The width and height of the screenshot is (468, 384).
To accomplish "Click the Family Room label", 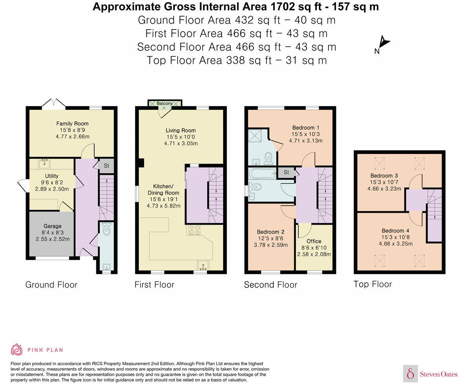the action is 72,123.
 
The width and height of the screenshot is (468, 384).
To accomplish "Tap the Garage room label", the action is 53,226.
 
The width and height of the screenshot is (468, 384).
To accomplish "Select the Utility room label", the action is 51,176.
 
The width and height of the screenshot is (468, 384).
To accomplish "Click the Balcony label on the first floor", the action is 165,103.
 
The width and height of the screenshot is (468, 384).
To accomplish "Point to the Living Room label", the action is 181,130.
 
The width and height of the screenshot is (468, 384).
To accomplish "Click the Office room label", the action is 314,241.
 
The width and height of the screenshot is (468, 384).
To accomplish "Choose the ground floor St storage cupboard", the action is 106,166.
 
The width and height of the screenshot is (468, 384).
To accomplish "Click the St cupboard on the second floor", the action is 286,172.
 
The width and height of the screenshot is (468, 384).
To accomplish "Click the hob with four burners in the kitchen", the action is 194,230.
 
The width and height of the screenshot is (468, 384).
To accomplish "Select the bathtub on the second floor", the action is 262,173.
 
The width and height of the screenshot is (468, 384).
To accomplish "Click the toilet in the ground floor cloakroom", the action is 106,230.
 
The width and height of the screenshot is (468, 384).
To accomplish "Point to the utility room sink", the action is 44,164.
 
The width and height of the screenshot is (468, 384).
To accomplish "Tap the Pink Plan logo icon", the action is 17,349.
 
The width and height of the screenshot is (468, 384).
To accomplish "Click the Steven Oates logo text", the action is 439,374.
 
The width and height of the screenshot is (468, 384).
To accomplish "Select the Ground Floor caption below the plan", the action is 51,285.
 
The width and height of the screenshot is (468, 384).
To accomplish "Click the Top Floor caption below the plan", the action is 373,284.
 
